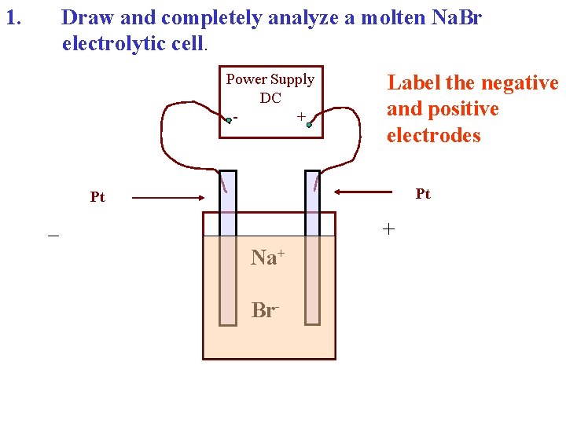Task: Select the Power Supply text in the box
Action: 270,79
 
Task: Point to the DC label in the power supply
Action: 270,97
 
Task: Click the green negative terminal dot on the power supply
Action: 229,120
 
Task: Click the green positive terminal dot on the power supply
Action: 310,124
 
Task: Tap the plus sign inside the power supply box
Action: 300,116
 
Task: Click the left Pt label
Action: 97,197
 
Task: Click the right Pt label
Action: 423,193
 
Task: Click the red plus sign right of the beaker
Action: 388,229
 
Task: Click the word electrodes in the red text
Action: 433,135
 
